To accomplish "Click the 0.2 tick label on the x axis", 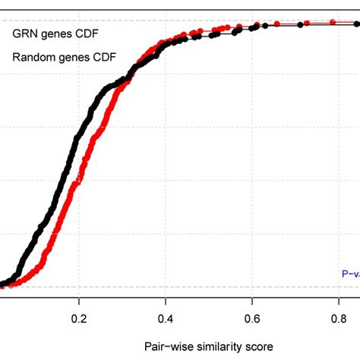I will point(79,319).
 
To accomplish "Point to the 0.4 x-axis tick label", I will point(166,319).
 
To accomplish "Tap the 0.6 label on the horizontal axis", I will point(253,319).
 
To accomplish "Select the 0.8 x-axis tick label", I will point(339,319).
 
